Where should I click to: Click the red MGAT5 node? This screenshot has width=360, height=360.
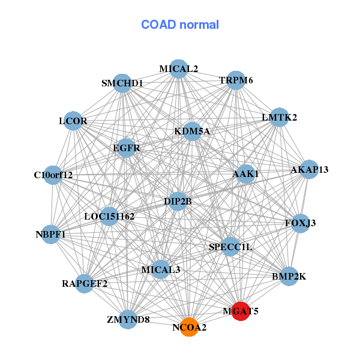(241, 311)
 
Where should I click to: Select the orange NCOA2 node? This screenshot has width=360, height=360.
(189, 327)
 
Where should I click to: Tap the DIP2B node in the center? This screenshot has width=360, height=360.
(178, 202)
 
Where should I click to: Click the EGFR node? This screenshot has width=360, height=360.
(126, 148)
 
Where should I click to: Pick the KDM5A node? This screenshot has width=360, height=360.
(193, 131)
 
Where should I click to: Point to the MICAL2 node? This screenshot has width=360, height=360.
(178, 69)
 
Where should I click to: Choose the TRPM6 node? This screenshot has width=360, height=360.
(236, 80)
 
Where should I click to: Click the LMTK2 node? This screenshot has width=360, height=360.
(279, 117)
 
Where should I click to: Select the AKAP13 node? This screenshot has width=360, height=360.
(309, 169)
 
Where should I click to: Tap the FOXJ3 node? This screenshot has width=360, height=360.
(301, 223)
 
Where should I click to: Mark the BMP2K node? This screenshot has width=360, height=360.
(289, 277)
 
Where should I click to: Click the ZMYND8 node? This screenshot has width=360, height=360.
(128, 319)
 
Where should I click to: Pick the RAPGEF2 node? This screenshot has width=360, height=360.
(85, 284)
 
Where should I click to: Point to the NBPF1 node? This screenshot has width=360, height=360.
(51, 235)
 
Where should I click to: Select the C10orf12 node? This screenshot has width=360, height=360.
(53, 175)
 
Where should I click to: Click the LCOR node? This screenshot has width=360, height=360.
(73, 121)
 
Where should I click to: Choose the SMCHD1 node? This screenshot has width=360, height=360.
(122, 83)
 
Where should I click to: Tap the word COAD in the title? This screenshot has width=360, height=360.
(158, 25)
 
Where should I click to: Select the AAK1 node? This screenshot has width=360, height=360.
(245, 174)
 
